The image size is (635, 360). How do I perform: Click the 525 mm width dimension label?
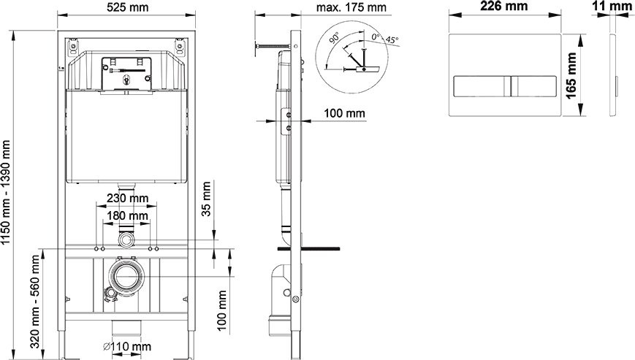(128, 7)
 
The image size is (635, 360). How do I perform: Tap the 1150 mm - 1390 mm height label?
(6, 193)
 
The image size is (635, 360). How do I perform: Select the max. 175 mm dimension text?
(351, 7)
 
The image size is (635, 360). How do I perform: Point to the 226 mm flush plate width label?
(503, 6)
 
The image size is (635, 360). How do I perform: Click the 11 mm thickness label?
(612, 6)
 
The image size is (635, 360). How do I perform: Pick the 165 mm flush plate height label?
(571, 76)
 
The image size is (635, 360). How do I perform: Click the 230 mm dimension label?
(128, 198)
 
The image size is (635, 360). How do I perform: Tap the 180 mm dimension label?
(128, 215)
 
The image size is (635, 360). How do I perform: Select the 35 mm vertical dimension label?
(206, 199)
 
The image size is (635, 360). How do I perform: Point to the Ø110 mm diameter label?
(126, 347)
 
